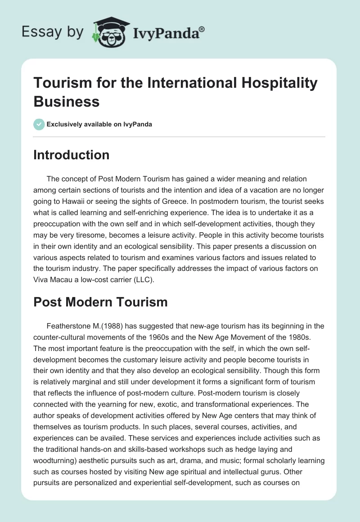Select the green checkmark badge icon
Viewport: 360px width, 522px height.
coord(39,124)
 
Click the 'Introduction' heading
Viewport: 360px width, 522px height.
coord(72,155)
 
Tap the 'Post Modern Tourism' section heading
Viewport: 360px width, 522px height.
coord(100,302)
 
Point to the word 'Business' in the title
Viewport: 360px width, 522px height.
coord(67,101)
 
